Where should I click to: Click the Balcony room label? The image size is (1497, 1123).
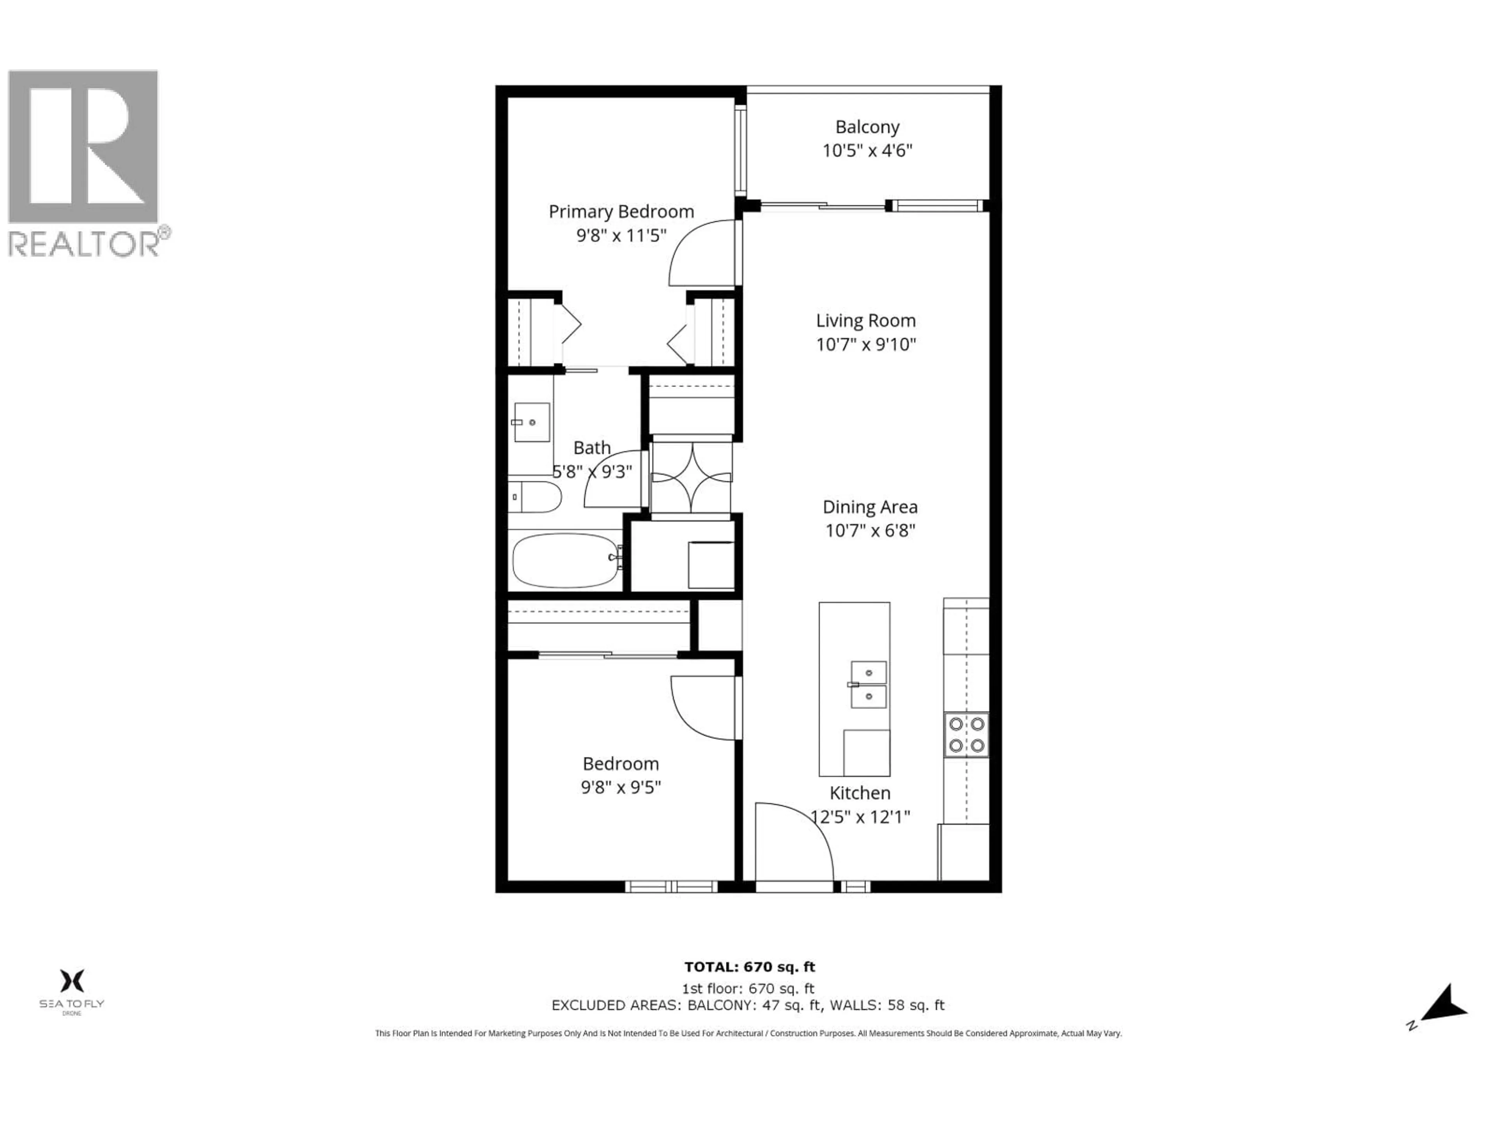[867, 127]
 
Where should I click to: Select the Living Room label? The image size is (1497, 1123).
[865, 321]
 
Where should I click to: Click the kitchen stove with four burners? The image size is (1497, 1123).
[966, 735]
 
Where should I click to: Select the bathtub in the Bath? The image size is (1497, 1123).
[566, 561]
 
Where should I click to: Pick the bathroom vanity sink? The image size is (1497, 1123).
[532, 422]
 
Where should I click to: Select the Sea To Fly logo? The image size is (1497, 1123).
[72, 990]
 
